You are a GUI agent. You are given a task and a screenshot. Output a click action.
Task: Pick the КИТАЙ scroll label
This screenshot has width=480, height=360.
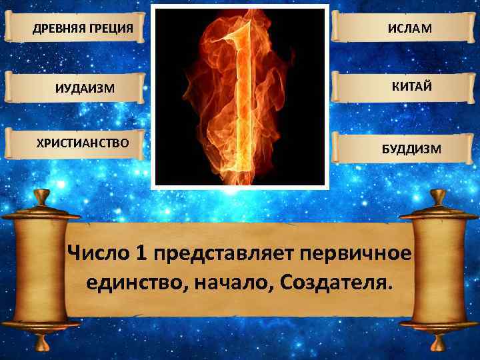click(x=403, y=85)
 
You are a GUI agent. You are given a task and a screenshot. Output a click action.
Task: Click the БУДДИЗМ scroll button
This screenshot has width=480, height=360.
click(x=403, y=147)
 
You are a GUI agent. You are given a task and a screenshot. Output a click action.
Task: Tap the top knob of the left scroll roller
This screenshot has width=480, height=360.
click(x=41, y=197)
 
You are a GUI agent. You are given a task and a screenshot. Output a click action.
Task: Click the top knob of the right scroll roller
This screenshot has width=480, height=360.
click(x=438, y=197)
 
